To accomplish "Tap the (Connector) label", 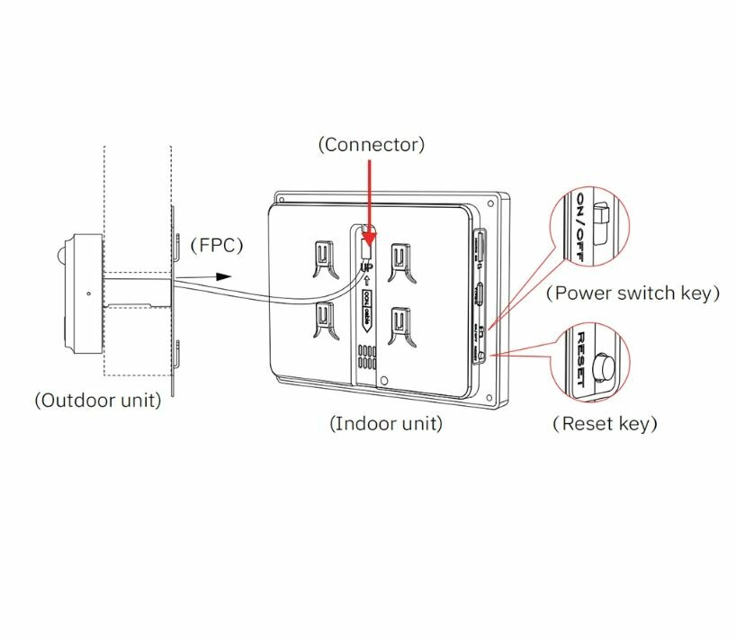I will [371, 144].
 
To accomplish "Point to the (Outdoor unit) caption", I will [97, 401].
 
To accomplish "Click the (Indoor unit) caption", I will [386, 423].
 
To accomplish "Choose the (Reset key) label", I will [605, 423].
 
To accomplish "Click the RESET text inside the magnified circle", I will [581, 358].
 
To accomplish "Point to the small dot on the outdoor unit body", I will [88, 293].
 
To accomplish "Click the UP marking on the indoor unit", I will [366, 267].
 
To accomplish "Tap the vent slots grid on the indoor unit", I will [366, 357].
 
